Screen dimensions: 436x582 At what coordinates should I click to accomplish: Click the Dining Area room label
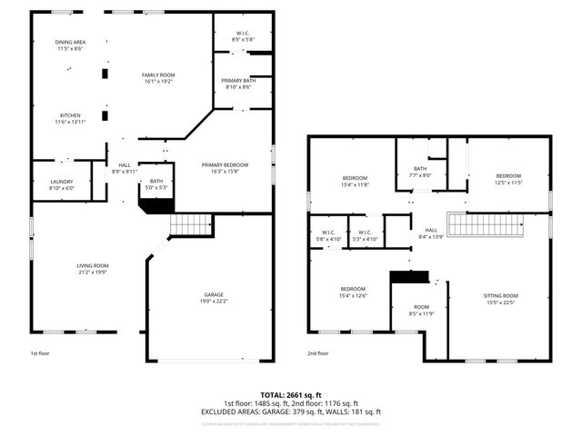click(70, 45)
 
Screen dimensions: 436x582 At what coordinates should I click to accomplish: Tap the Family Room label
click(157, 77)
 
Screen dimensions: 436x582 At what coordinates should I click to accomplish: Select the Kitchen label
click(71, 119)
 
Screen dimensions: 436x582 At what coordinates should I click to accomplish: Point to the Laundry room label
click(61, 184)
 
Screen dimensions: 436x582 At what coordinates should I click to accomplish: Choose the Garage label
click(215, 298)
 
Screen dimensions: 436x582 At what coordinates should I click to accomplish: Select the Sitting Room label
click(499, 299)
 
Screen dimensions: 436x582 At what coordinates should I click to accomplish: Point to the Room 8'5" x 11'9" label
click(421, 311)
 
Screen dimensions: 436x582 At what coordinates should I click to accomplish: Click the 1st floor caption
click(40, 352)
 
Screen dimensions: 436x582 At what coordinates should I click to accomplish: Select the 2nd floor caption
click(317, 353)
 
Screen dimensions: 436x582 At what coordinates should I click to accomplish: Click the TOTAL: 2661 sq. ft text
click(291, 395)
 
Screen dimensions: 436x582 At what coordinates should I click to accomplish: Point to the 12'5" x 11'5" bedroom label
click(508, 179)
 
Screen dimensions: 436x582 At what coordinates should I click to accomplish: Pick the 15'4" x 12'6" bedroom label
click(354, 292)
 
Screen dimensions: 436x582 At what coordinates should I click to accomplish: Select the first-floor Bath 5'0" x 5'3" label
click(156, 183)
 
